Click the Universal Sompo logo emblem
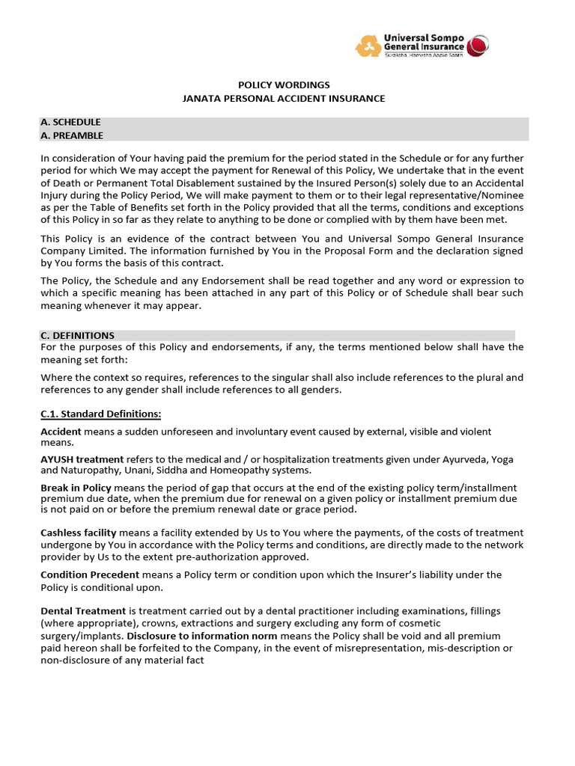point(367,46)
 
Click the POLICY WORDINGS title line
point(284,85)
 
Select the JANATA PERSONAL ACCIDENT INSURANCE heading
point(284,99)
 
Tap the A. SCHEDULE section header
point(70,122)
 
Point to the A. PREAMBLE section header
point(72,135)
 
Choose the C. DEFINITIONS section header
point(77,336)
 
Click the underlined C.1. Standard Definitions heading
point(100,414)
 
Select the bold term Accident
point(61,432)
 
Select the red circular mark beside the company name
point(478,46)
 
